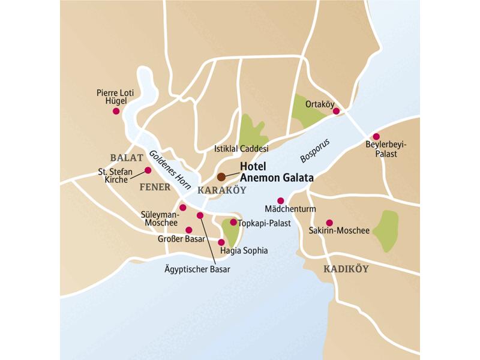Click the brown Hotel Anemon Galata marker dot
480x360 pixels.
pyautogui.click(x=221, y=176)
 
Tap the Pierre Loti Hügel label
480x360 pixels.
pyautogui.click(x=115, y=97)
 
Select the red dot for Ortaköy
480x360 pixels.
pyautogui.click(x=337, y=111)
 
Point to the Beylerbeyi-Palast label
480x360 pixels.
pyautogui.click(x=382, y=149)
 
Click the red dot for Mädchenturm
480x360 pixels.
pyautogui.click(x=280, y=200)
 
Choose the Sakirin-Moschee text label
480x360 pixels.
pyautogui.click(x=339, y=230)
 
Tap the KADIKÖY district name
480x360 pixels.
pyautogui.click(x=346, y=269)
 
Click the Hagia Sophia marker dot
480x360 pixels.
pyautogui.click(x=221, y=242)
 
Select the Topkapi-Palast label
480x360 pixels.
pyautogui.click(x=265, y=223)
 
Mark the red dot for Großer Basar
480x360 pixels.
pyautogui.click(x=188, y=230)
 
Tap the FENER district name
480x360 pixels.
pyautogui.click(x=155, y=187)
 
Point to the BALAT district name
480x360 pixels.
pyautogui.click(x=127, y=158)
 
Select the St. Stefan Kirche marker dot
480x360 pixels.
pyautogui.click(x=148, y=170)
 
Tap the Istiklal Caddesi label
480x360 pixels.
pyautogui.click(x=241, y=148)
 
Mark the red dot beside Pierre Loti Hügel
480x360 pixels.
pyautogui.click(x=116, y=111)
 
